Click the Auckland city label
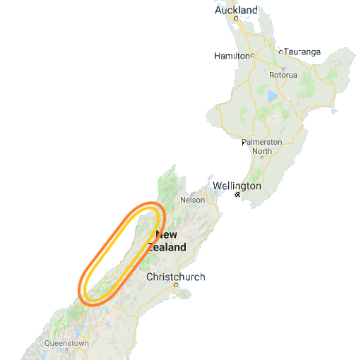click(236, 11)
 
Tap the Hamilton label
click(232, 55)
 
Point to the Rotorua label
click(283, 75)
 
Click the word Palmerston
click(261, 142)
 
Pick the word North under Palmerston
click(261, 151)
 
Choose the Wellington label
click(237, 186)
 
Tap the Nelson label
click(193, 200)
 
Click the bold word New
click(167, 235)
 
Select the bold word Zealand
click(167, 247)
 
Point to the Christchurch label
click(175, 277)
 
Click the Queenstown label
click(66, 344)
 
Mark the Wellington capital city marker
click(238, 195)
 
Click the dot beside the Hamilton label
click(251, 55)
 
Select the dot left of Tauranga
click(280, 52)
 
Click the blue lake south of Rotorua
click(271, 95)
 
